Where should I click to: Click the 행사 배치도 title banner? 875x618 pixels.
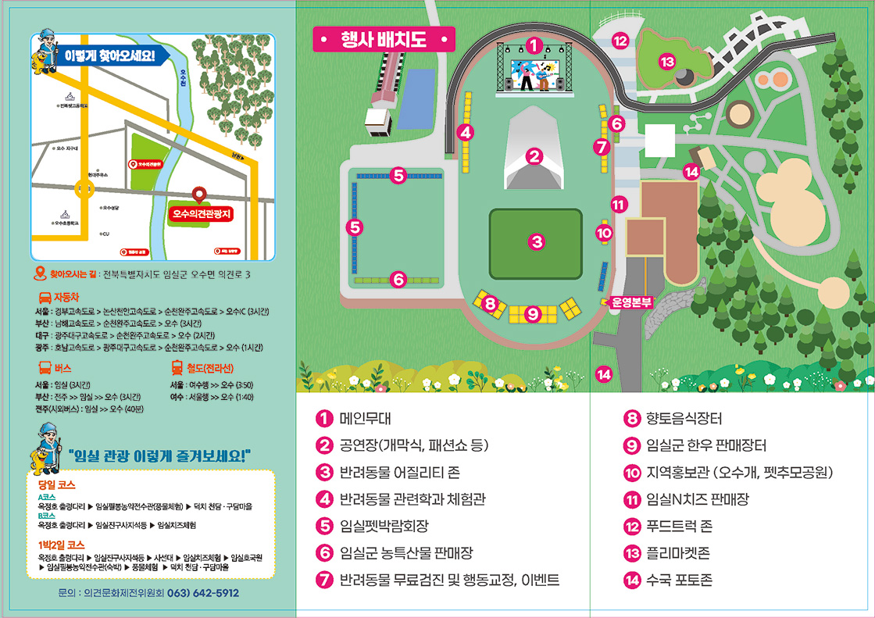[383, 39]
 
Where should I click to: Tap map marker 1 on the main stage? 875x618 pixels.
[534, 45]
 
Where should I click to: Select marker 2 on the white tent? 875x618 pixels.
[534, 157]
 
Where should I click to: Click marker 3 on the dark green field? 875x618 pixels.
[536, 242]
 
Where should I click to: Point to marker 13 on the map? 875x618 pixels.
[666, 61]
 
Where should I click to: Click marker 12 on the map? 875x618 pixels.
[620, 41]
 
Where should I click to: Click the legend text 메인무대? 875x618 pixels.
[365, 418]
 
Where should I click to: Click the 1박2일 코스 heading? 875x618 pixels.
[61, 544]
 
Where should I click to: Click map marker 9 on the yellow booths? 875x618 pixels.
[533, 314]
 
